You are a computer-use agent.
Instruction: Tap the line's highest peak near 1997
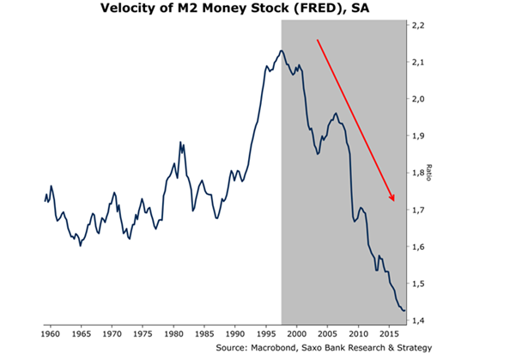pos(281,52)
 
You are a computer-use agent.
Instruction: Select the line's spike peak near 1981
pos(180,143)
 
